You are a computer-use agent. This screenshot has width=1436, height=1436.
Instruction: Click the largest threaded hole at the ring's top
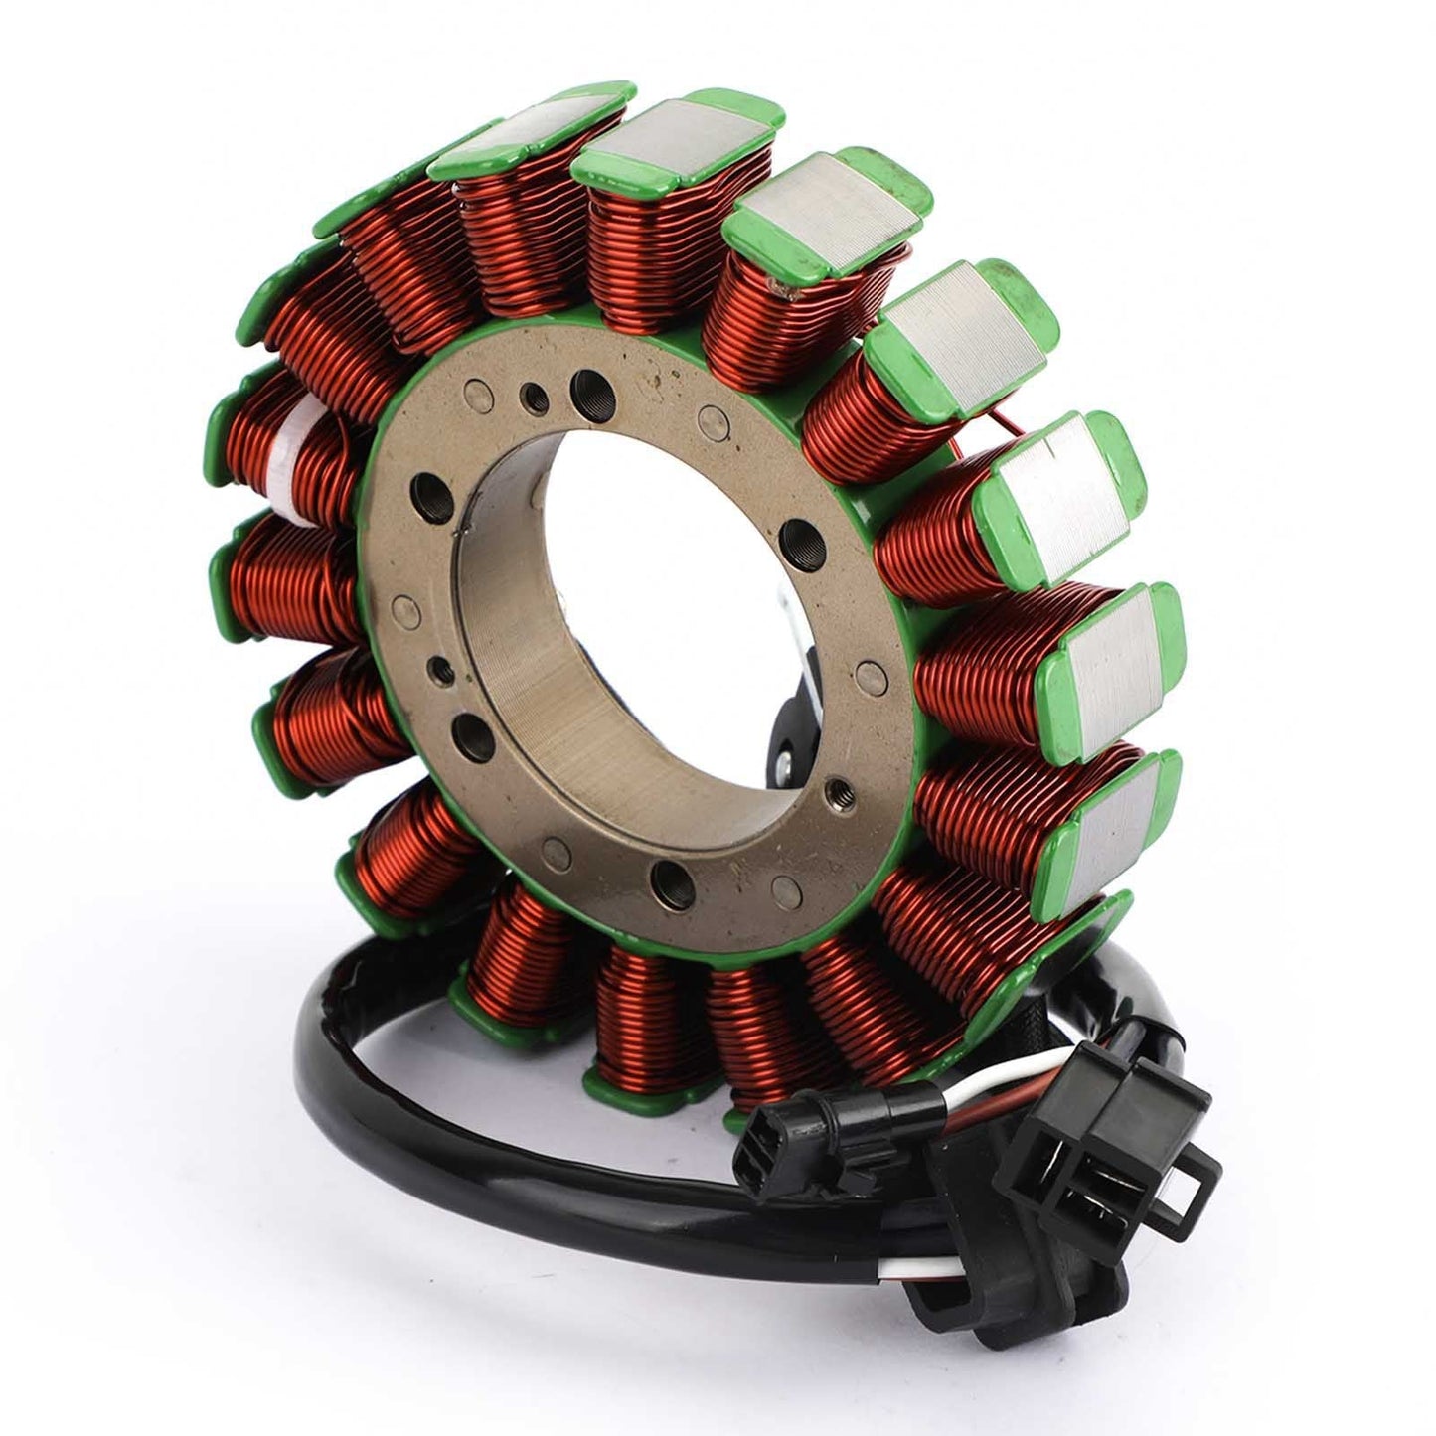click(596, 383)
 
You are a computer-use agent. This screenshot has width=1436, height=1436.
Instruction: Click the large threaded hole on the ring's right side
click(795, 542)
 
